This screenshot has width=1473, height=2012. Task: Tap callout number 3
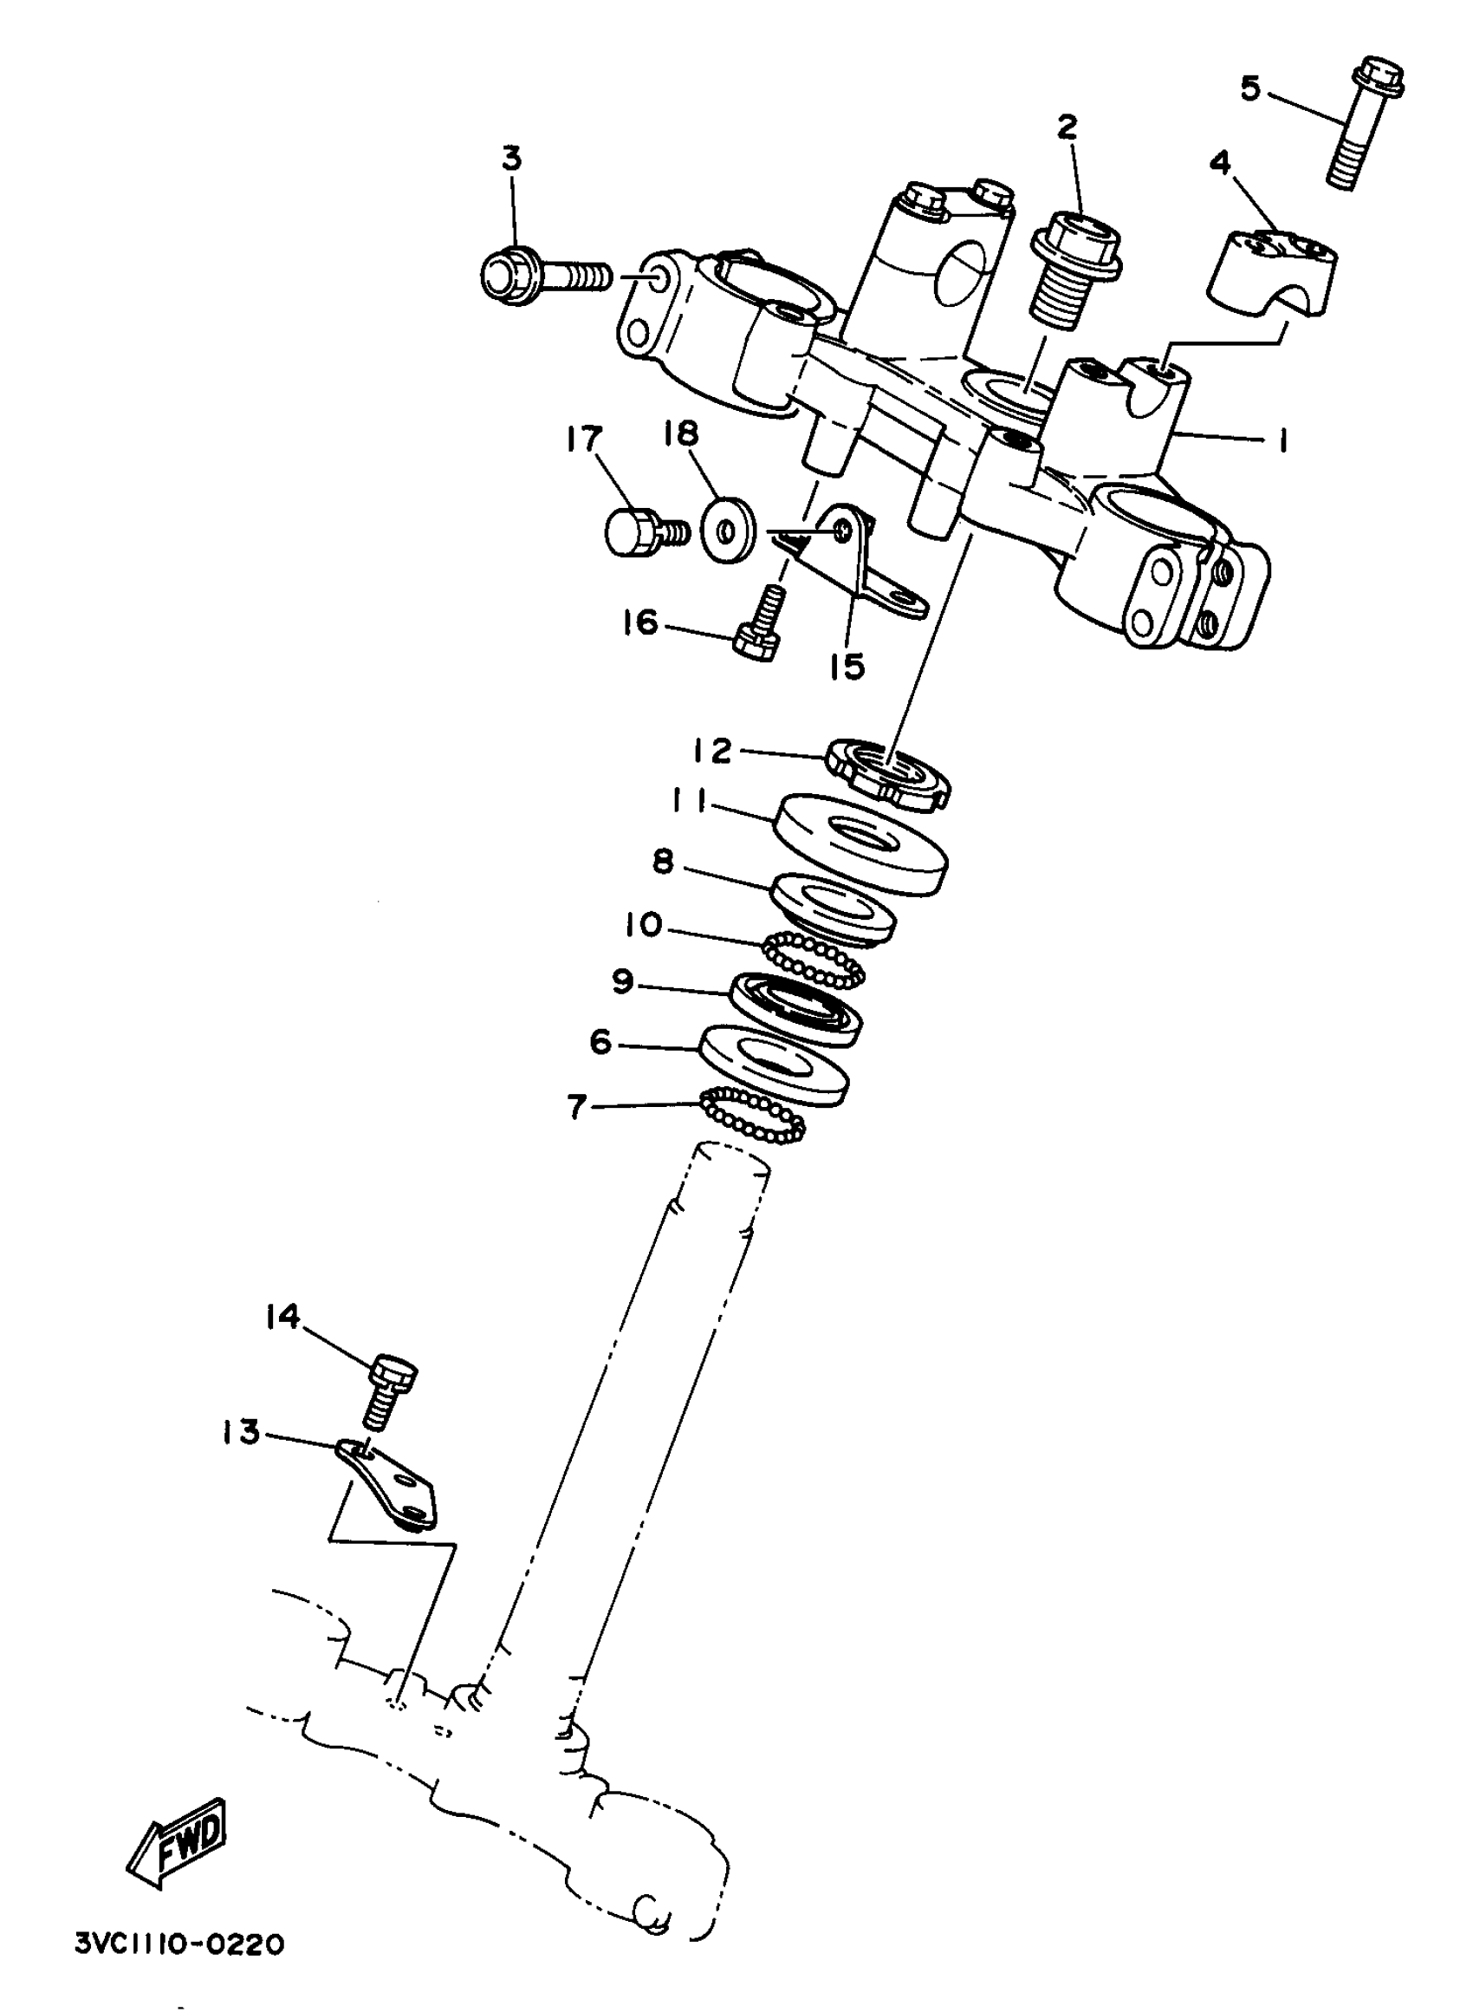pos(511,159)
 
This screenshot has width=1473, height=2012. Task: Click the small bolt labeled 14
pos(388,1400)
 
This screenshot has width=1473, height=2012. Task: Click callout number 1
pos(1282,440)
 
